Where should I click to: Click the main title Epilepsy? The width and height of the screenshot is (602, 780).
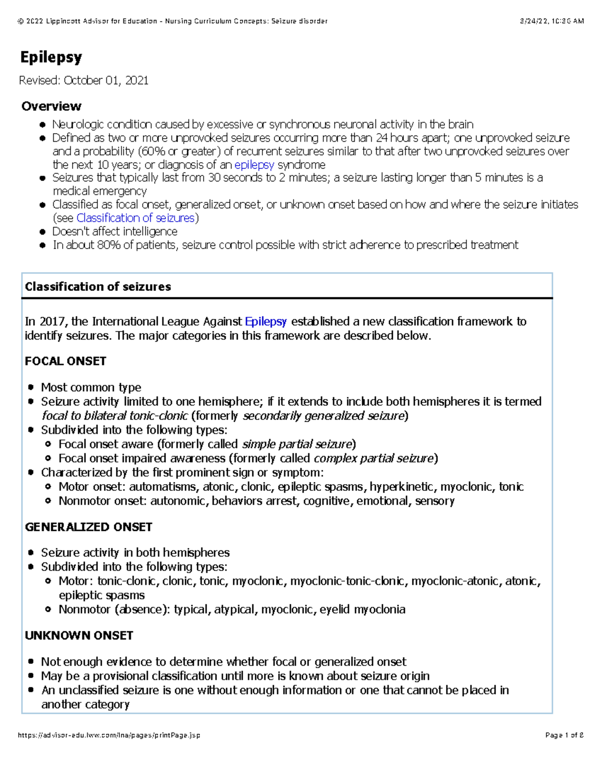(x=51, y=57)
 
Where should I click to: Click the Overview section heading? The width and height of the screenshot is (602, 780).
(x=51, y=106)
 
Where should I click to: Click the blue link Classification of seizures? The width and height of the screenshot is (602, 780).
(x=135, y=218)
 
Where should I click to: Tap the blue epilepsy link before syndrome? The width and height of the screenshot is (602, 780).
(x=254, y=165)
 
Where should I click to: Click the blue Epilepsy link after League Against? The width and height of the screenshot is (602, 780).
(x=265, y=321)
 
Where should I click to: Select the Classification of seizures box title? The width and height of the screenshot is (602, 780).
(x=98, y=287)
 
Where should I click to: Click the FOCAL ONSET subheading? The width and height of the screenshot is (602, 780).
(x=65, y=361)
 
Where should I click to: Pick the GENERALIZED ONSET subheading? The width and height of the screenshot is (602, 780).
(x=88, y=527)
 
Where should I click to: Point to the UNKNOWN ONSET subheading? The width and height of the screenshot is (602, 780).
(x=79, y=635)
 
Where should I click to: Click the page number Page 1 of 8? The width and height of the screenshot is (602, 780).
(x=564, y=735)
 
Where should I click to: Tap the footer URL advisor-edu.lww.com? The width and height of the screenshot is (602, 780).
(x=109, y=735)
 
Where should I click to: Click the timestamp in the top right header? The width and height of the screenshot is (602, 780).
(x=552, y=21)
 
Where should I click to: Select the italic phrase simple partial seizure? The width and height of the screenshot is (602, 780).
(x=297, y=444)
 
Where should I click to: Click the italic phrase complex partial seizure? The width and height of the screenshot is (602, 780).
(x=373, y=458)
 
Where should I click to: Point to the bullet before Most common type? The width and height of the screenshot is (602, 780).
(x=31, y=387)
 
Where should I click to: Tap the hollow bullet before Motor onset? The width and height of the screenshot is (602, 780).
(x=48, y=487)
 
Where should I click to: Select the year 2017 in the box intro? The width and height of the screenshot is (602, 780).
(x=53, y=321)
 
